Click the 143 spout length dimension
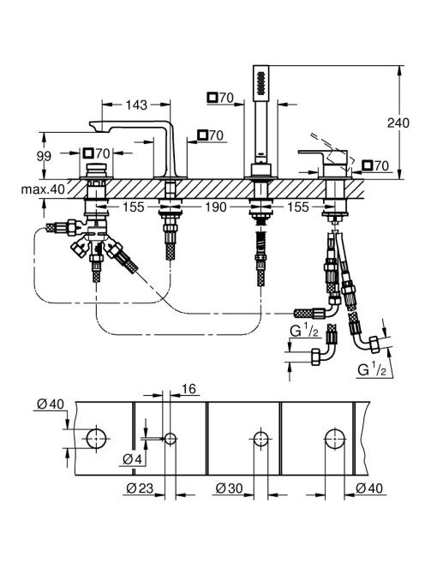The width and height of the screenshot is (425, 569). (136, 105)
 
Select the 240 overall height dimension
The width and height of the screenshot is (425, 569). (398, 123)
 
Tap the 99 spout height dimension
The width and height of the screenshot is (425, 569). (44, 156)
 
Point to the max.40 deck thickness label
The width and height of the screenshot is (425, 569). (43, 189)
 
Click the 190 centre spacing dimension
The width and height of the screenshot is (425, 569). (216, 207)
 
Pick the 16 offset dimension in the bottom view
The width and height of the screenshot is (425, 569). (189, 389)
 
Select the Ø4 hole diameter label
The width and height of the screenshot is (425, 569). (132, 459)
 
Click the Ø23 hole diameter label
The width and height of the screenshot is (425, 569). (140, 488)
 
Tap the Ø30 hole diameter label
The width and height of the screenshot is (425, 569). (229, 488)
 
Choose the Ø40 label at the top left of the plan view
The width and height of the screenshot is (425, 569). (51, 404)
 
